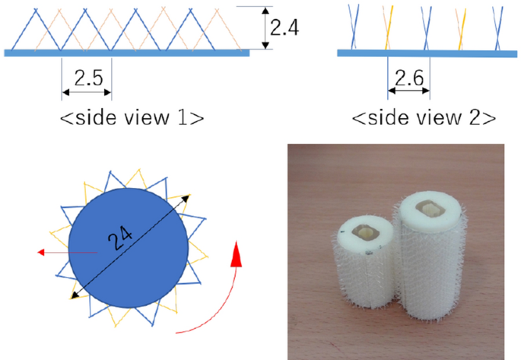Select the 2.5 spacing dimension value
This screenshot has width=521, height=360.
[87, 76]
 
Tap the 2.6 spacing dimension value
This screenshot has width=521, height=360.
[409, 76]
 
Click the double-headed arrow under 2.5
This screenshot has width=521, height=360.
[87, 92]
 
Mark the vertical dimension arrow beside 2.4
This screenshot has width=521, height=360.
[265, 29]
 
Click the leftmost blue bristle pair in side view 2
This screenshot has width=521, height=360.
[353, 25]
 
